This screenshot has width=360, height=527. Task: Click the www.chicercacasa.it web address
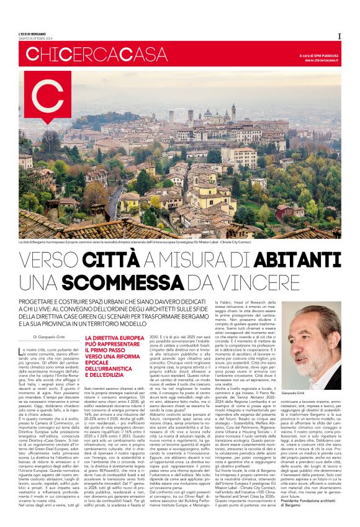[323, 61]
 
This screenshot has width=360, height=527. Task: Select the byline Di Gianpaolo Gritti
[51, 337]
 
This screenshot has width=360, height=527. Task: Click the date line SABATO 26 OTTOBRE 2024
[35, 39]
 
